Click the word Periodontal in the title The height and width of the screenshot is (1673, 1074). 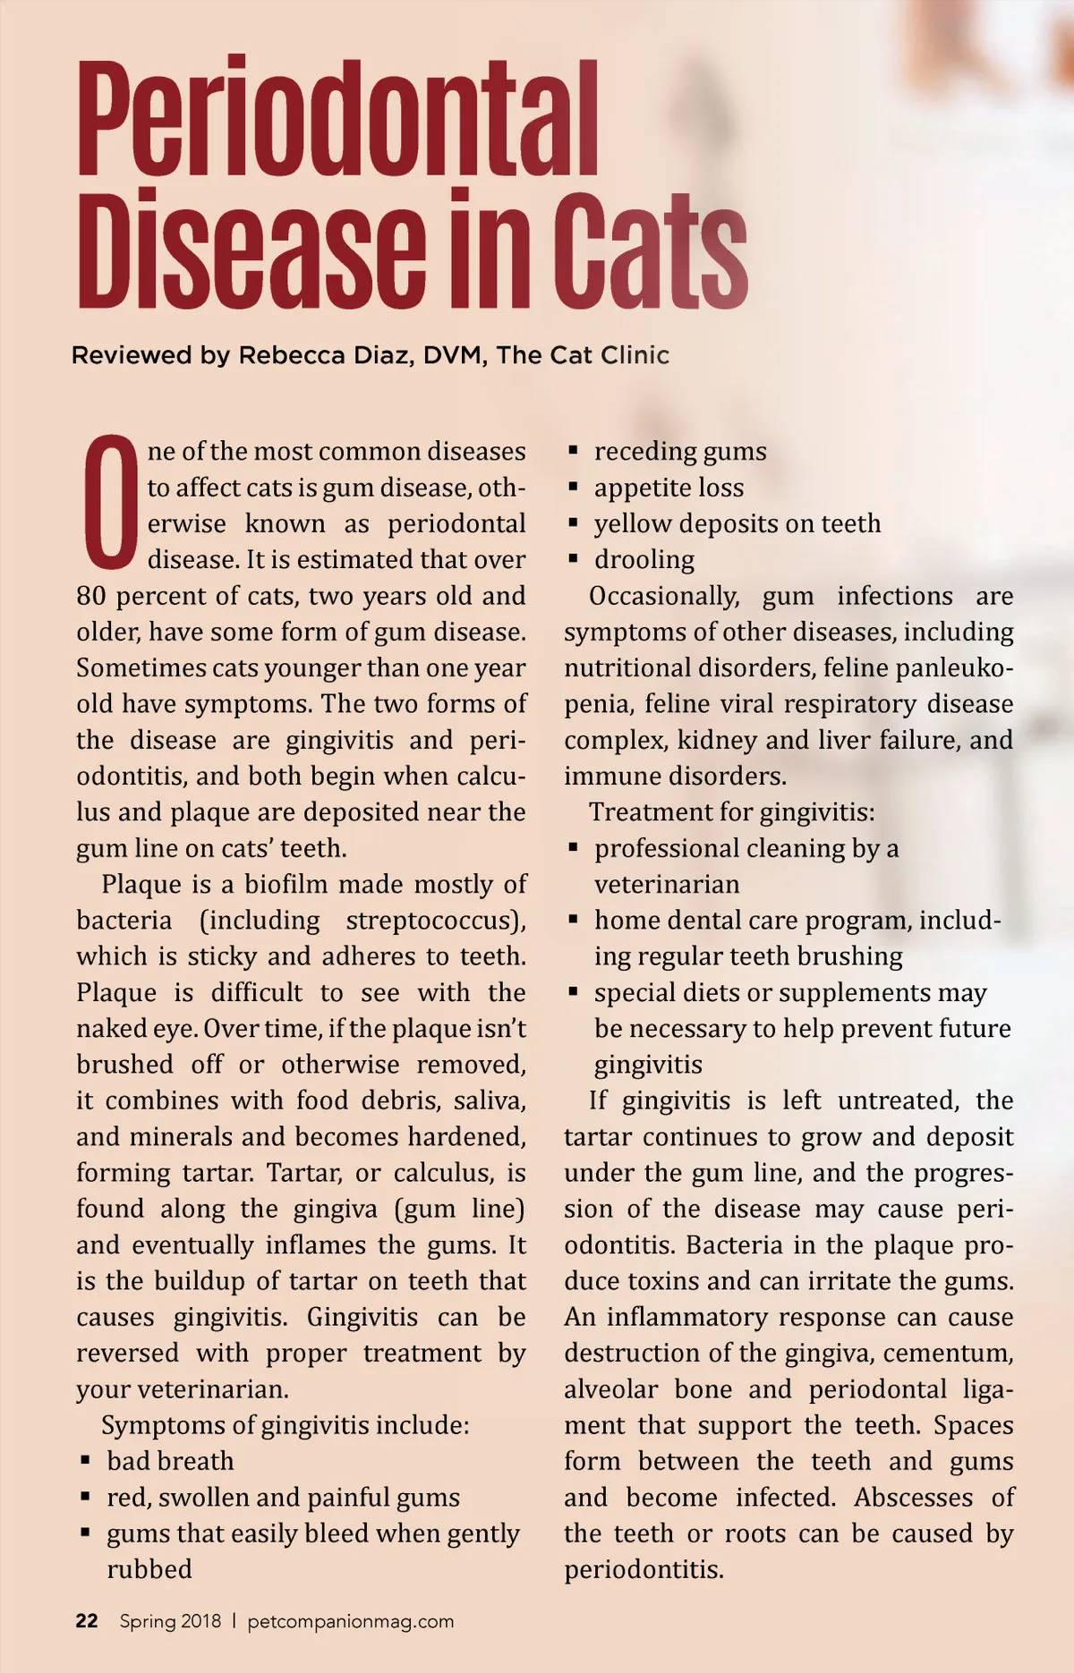click(338, 118)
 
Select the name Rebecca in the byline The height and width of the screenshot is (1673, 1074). click(291, 356)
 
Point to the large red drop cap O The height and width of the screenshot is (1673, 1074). click(110, 503)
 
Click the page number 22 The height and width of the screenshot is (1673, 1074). click(87, 1621)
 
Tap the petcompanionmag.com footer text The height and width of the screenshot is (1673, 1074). click(351, 1621)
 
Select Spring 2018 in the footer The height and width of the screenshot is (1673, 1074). click(170, 1621)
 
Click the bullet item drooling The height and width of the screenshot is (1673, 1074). click(644, 560)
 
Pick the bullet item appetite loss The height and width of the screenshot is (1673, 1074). click(669, 488)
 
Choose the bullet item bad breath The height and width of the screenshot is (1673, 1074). click(170, 1461)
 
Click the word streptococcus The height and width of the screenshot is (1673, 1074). click(434, 921)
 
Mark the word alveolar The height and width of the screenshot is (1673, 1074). click(610, 1389)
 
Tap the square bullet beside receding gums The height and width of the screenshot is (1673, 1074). click(574, 451)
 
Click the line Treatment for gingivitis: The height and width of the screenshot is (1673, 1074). click(731, 812)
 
